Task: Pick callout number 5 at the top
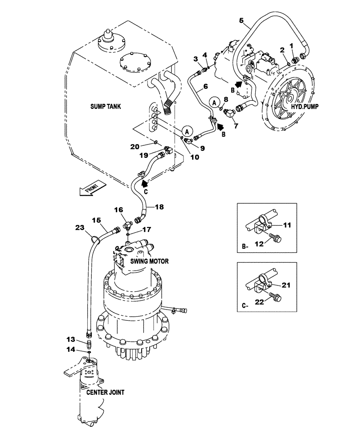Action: point(241,20)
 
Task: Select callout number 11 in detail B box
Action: point(287,225)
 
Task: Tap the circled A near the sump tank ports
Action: point(187,131)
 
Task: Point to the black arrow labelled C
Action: point(143,182)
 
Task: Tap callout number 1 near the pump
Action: point(291,45)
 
